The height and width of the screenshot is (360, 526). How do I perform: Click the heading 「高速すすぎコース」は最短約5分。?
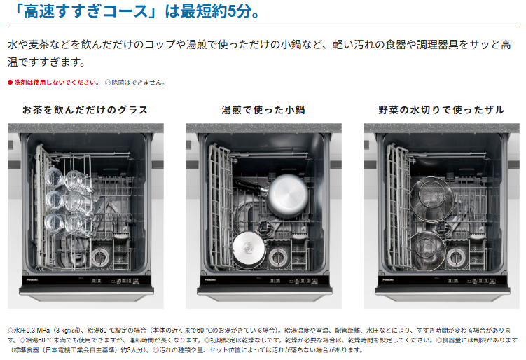click(x=137, y=11)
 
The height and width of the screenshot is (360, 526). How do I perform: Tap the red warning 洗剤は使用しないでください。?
click(x=57, y=83)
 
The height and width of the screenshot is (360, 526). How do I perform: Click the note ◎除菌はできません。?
click(x=135, y=83)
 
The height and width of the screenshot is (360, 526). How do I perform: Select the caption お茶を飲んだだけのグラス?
click(x=85, y=110)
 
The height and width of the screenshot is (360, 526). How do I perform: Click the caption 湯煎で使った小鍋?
click(x=263, y=110)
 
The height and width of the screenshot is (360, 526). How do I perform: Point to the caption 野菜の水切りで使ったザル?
click(x=441, y=110)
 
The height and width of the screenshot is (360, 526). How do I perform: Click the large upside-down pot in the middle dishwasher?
click(x=287, y=196)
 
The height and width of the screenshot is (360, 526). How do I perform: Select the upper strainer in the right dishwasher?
click(x=432, y=198)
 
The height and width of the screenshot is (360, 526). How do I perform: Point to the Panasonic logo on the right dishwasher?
click(x=388, y=279)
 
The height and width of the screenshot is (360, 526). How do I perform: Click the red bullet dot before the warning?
click(x=10, y=83)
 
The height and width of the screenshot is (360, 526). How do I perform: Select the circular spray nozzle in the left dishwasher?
click(x=100, y=258)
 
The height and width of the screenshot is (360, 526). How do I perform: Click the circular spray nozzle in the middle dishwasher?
click(x=279, y=258)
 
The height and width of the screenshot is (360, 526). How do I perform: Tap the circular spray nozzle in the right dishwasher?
click(x=456, y=258)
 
